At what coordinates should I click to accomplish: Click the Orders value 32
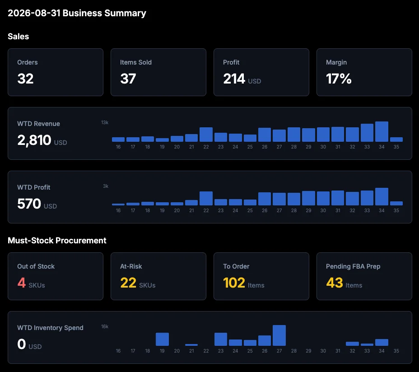[25, 79]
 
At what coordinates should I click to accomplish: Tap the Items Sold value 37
[128, 79]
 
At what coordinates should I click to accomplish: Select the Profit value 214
[234, 79]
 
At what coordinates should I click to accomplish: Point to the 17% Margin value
[339, 79]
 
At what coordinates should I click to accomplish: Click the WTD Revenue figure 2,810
[34, 140]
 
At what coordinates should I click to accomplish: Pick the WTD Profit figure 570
[29, 204]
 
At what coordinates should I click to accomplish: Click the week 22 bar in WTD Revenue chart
[206, 135]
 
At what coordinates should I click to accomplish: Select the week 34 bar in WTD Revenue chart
[382, 131]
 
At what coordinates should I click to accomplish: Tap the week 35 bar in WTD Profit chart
[396, 203]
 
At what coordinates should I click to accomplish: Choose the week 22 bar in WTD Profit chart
[206, 198]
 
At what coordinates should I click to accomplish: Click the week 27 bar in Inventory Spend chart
[279, 335]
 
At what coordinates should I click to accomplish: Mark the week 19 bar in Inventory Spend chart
[162, 339]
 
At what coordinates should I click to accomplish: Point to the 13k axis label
[105, 122]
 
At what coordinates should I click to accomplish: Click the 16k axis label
[105, 326]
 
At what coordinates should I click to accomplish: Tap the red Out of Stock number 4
[22, 283]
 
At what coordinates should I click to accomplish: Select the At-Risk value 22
[128, 283]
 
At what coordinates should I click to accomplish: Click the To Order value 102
[234, 283]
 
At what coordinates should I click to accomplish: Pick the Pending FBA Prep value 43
[335, 283]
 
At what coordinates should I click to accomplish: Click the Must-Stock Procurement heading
[57, 241]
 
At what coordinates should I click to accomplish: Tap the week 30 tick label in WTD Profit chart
[323, 210]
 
